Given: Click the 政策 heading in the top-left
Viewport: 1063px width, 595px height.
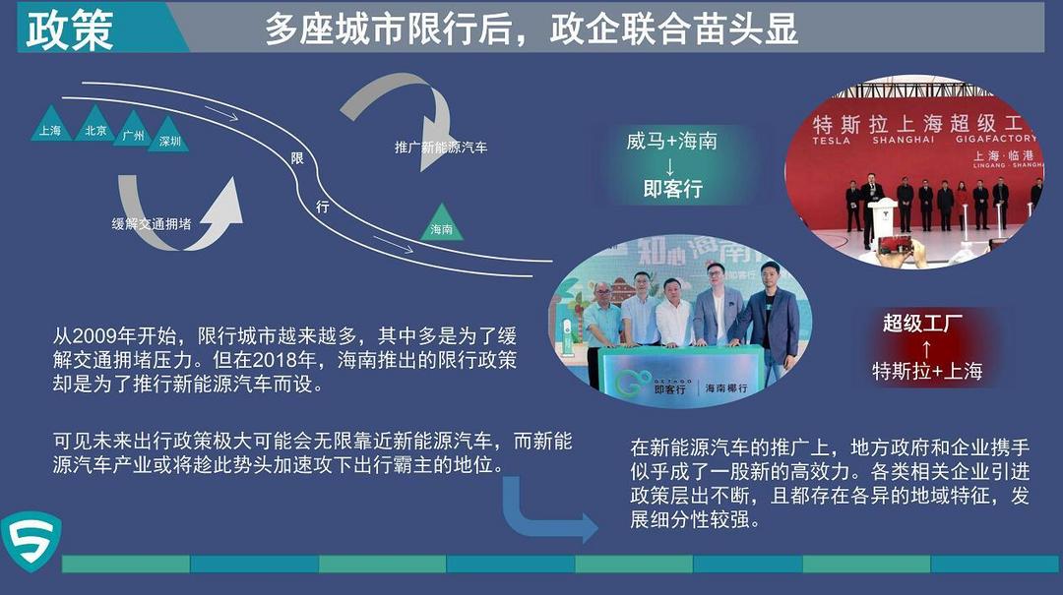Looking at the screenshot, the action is coord(69,30).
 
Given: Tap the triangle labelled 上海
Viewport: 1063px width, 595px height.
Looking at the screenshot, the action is coord(51,124).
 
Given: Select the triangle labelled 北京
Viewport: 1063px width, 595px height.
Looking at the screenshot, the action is coord(94,124).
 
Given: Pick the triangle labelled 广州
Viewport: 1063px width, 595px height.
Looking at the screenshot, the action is coord(134,130).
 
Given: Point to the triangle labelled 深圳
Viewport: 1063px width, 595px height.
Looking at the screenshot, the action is coord(169,135).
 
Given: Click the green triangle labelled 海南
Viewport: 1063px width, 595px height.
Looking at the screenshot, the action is coord(441,223).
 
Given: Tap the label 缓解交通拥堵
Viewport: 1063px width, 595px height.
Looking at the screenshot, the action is coord(152,223).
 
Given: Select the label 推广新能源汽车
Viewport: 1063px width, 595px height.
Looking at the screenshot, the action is coord(441,148).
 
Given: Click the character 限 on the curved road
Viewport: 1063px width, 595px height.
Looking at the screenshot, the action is coord(297,158).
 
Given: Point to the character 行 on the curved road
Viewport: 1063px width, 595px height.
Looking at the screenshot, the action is coord(323,206).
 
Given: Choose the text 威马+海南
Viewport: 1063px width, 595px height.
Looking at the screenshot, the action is coord(671,141).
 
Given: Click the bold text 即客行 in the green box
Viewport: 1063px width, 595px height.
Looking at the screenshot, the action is coord(672,189).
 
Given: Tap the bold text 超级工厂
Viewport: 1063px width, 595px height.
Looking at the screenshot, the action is coord(922,324).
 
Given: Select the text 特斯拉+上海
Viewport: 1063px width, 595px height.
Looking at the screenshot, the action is coord(927,371).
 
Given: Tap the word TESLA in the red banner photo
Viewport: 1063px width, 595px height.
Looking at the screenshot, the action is coord(831,141).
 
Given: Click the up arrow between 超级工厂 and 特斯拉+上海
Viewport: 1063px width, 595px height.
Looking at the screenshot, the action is coord(927,348).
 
